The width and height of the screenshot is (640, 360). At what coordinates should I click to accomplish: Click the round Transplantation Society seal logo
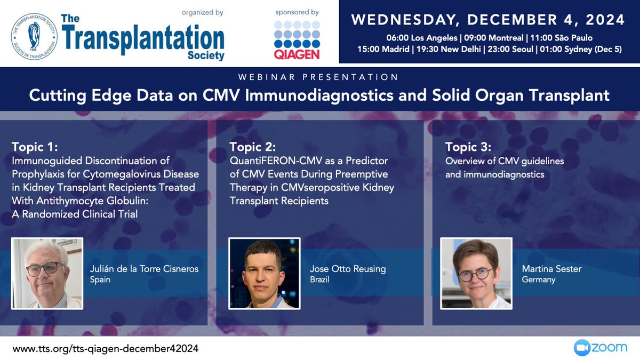(34, 37)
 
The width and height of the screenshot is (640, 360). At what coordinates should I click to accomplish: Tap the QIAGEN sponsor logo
(297, 40)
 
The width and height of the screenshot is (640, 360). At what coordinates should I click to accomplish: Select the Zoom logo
(601, 348)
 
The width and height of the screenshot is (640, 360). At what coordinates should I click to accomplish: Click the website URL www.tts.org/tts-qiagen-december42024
(106, 349)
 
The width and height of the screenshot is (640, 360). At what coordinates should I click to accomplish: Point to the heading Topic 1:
(35, 147)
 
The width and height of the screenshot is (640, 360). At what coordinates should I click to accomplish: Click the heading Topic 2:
(253, 147)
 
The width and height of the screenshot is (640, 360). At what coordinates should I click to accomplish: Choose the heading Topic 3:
(468, 147)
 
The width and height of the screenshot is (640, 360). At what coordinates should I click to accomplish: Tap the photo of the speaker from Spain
(47, 274)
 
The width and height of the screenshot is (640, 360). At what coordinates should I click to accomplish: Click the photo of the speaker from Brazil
(265, 274)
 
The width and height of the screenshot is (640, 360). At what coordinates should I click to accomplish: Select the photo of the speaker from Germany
(476, 274)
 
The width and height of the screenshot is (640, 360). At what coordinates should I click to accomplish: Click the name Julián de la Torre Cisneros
(145, 269)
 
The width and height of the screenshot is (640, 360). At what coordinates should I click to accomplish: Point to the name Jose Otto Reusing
(348, 269)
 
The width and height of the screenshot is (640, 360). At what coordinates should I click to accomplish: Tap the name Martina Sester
(551, 269)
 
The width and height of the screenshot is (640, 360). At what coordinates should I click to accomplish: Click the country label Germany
(539, 279)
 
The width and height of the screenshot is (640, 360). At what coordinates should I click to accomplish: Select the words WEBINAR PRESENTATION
(318, 77)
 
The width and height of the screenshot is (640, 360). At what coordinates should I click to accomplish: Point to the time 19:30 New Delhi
(449, 49)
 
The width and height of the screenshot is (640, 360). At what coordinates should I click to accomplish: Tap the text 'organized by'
(203, 13)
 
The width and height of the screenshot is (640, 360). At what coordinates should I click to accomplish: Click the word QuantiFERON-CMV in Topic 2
(276, 161)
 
